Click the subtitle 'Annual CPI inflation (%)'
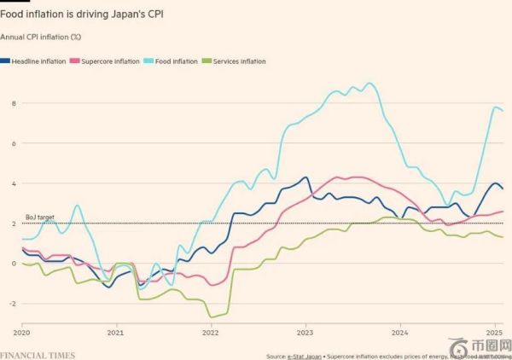point(41,37)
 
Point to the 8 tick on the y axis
point(14,103)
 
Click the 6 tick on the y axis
point(14,143)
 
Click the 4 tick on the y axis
point(14,183)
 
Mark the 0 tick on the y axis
point(14,264)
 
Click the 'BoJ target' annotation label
point(40,218)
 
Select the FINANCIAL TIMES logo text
point(38,355)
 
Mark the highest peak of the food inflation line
point(369,84)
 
